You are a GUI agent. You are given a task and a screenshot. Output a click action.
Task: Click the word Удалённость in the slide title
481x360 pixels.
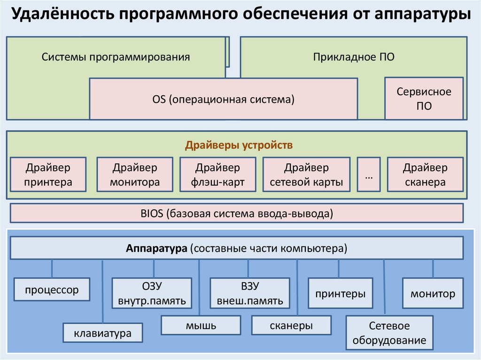[x=61, y=15]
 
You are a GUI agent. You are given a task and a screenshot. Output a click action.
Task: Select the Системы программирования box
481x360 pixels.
[x=116, y=57]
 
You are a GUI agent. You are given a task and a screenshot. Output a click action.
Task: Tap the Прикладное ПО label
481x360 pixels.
[x=354, y=57]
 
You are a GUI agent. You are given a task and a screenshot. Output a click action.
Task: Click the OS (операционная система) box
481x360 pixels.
[x=223, y=99]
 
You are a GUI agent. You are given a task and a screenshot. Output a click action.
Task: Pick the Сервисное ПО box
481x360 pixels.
[x=424, y=99]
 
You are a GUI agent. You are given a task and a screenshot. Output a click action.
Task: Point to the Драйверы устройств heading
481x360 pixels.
[x=239, y=145]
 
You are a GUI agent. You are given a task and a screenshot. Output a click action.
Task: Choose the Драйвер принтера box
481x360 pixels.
[x=48, y=175]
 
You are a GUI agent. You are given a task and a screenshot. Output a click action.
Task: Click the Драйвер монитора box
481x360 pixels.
[x=135, y=175]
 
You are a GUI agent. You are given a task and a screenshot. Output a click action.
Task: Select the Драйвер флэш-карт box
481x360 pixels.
[x=217, y=175]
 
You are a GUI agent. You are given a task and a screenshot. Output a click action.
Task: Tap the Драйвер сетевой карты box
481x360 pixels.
[x=306, y=175]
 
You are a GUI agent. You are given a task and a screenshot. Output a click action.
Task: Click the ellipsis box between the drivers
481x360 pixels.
[x=368, y=175]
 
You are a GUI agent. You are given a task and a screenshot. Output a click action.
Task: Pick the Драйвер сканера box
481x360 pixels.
[x=425, y=175]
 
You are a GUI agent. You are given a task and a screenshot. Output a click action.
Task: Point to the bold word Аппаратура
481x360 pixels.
[x=156, y=248]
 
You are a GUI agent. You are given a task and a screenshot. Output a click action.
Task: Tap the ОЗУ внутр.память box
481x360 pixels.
[x=152, y=293]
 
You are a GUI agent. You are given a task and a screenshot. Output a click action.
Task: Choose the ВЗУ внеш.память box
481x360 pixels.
[x=249, y=293]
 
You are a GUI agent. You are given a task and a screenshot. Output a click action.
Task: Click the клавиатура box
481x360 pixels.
[x=102, y=334]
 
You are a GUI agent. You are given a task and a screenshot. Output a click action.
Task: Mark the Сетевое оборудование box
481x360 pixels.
[x=389, y=333]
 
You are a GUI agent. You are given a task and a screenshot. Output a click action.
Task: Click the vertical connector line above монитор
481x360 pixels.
[x=433, y=269]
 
